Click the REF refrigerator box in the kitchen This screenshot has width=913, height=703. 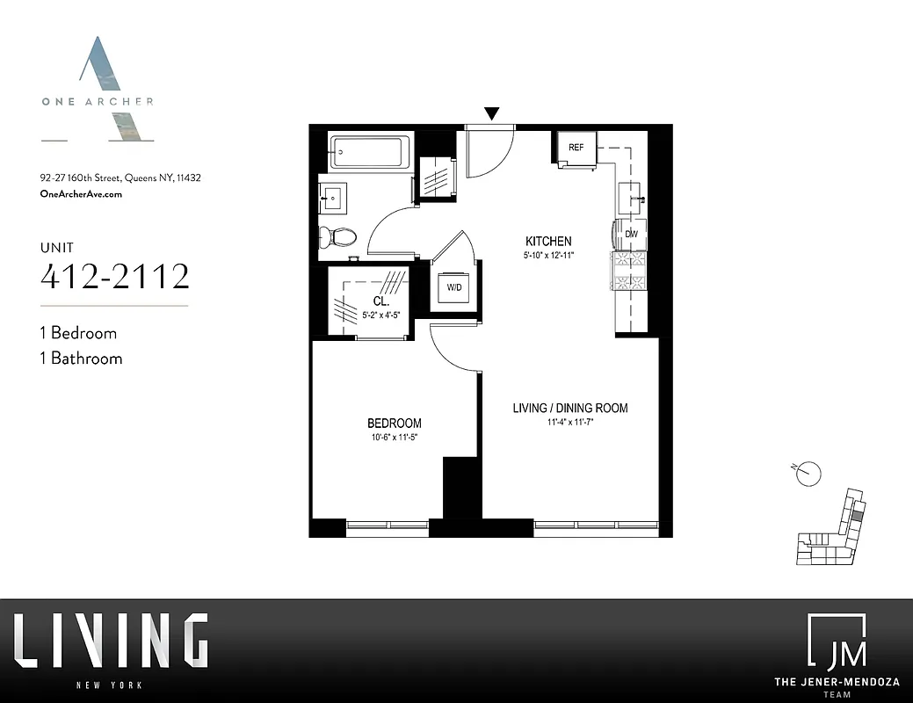point(576,148)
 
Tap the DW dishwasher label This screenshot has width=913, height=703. point(630,234)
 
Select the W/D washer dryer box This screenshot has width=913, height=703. point(454,287)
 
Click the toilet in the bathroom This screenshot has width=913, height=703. point(338,236)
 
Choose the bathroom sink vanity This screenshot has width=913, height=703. point(334,199)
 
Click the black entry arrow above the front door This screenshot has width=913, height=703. point(492,113)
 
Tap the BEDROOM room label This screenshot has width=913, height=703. point(394,423)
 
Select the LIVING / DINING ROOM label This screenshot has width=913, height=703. point(570,408)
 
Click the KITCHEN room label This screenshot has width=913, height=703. point(548,241)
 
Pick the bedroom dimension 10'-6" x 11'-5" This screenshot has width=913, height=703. point(394,437)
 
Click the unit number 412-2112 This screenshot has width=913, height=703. point(115,276)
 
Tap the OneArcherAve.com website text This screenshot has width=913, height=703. point(82,194)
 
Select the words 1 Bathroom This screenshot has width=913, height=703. point(81,359)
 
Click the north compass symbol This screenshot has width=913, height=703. point(808,473)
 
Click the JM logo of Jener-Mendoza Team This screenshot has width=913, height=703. point(836,642)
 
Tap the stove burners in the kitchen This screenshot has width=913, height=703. point(629,270)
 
